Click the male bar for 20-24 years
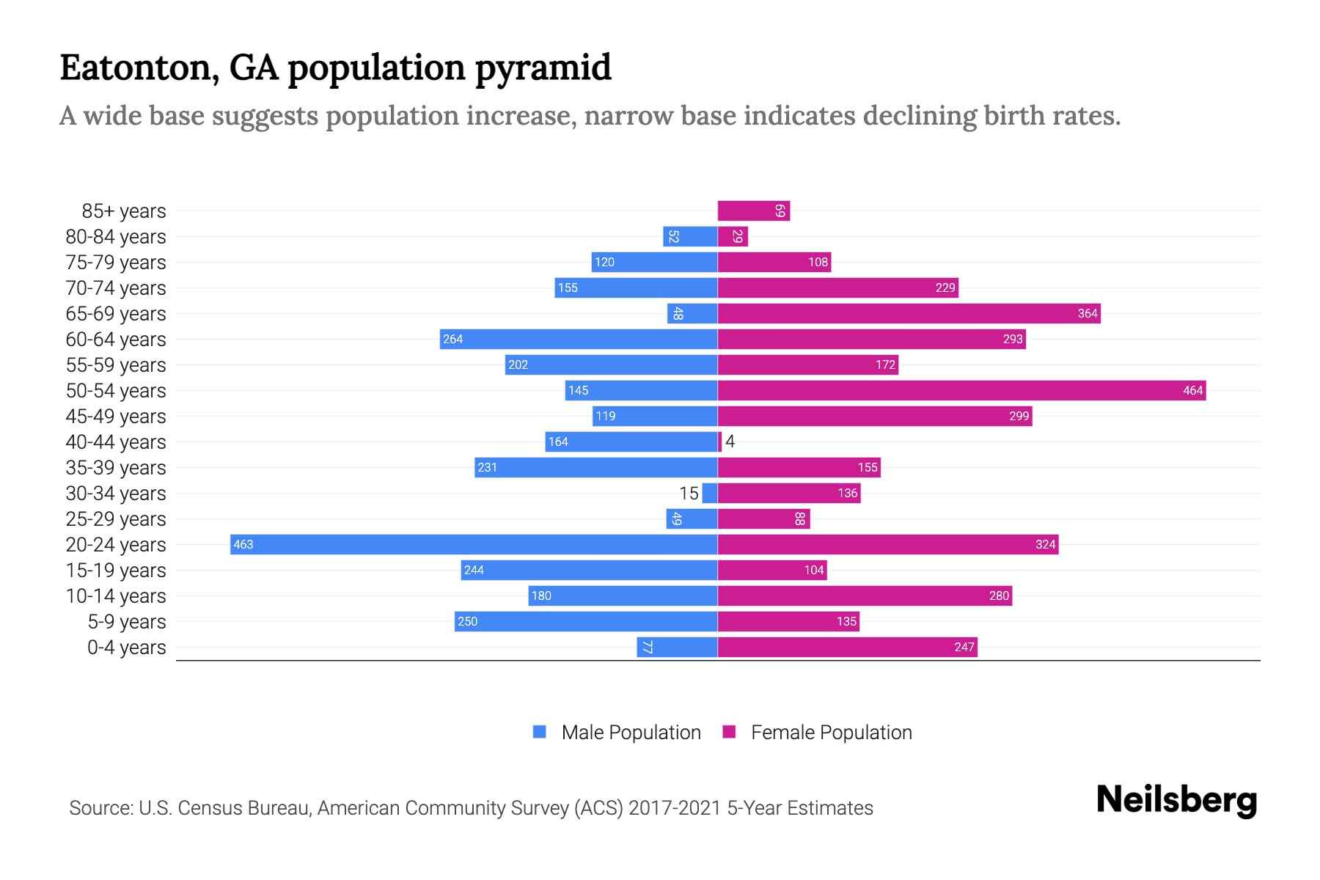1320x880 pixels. pos(473,544)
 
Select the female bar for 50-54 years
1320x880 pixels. pos(961,390)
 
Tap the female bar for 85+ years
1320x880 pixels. pos(753,211)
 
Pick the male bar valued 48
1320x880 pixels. pos(692,313)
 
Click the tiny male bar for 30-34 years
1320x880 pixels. pos(709,493)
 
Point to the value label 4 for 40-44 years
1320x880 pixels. pos(730,441)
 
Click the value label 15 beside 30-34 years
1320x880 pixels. pos(689,493)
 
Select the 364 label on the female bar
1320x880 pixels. pos(1087,313)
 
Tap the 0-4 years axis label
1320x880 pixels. pos(126,647)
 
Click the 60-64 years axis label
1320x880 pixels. pos(116,339)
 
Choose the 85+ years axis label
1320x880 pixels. pos(124,211)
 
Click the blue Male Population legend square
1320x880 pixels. pos(540,732)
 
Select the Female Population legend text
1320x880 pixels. pos(831,732)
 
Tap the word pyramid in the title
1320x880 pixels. pos(543,67)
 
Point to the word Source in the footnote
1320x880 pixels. pos(100,808)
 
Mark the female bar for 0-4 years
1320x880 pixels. pos(847,647)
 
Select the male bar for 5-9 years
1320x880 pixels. pos(585,621)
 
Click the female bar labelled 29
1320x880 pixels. pos(732,237)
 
